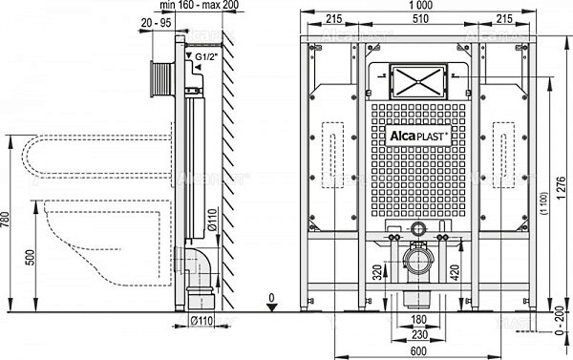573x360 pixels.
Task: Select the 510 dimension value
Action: pos(415,20)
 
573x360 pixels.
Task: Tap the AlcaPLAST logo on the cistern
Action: pos(414,136)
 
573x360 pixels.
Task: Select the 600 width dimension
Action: pos(414,351)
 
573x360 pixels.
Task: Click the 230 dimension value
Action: pos(414,334)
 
